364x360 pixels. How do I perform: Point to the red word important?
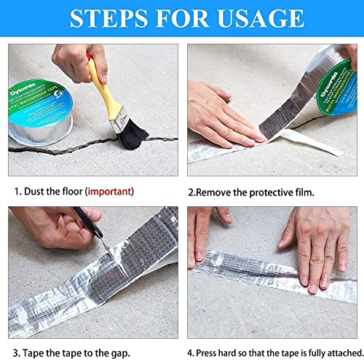[x=109, y=192]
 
